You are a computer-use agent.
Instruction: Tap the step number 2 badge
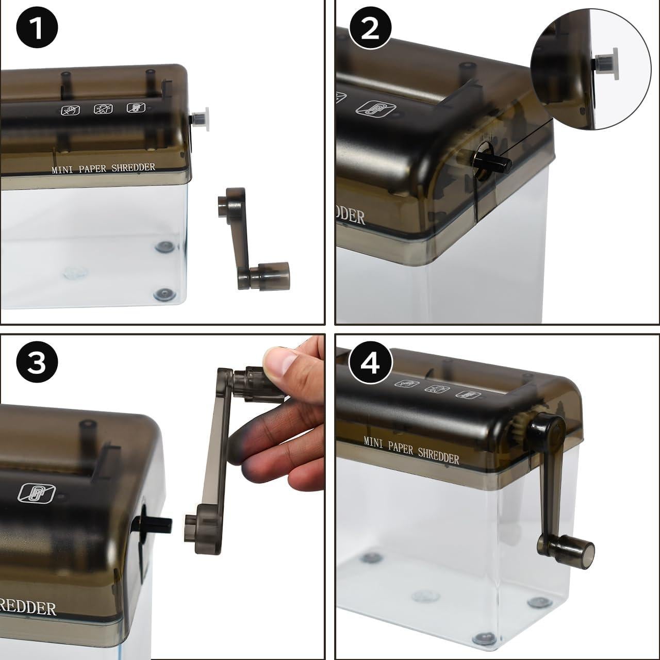pyautogui.click(x=370, y=29)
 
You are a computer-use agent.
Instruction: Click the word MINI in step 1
pyautogui.click(x=62, y=170)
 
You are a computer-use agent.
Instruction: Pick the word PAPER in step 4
pyautogui.click(x=401, y=447)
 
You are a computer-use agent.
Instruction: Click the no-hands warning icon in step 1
pyautogui.click(x=71, y=110)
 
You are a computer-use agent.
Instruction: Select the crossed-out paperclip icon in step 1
pyautogui.click(x=136, y=108)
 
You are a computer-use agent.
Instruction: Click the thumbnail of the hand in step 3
pyautogui.click(x=279, y=359)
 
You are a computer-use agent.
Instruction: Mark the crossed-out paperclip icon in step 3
pyautogui.click(x=37, y=492)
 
